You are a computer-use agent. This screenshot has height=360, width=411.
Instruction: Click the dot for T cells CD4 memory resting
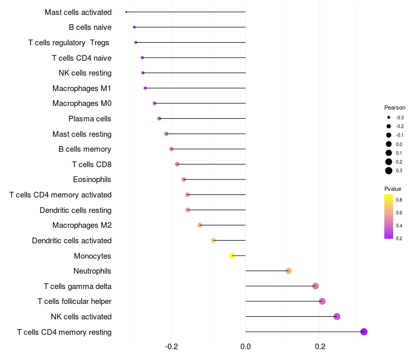click(x=364, y=332)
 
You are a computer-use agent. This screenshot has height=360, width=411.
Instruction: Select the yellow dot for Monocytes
click(x=232, y=256)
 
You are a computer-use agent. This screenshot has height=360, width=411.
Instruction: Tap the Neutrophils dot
click(x=289, y=271)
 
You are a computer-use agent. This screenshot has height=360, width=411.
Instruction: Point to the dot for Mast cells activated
click(x=126, y=12)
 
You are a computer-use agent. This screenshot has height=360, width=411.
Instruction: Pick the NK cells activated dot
click(x=337, y=316)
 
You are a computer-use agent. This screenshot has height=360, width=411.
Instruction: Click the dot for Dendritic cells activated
click(x=213, y=240)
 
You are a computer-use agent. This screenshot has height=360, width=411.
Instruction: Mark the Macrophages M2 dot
click(x=200, y=225)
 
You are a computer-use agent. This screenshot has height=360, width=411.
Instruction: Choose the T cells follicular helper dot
click(x=322, y=301)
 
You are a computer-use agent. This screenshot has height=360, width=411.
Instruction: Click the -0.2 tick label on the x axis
click(x=172, y=348)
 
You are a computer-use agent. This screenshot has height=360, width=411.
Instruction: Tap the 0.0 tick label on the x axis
click(x=246, y=348)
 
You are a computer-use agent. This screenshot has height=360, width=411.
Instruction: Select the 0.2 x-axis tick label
click(x=320, y=348)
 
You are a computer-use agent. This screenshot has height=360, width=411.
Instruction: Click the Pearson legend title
click(x=395, y=108)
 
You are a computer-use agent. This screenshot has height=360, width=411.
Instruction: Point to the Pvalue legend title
click(x=393, y=189)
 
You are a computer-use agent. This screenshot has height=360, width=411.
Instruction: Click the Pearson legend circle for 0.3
click(x=389, y=171)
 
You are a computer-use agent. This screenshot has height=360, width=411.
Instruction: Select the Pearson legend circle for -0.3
click(x=389, y=118)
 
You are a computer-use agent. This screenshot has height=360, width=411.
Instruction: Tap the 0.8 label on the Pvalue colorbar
click(x=399, y=200)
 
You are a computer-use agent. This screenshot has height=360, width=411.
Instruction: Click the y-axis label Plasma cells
click(x=90, y=119)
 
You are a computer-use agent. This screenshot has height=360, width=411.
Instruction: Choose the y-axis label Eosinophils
click(x=92, y=179)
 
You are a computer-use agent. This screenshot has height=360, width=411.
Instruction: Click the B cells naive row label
click(x=90, y=27)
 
